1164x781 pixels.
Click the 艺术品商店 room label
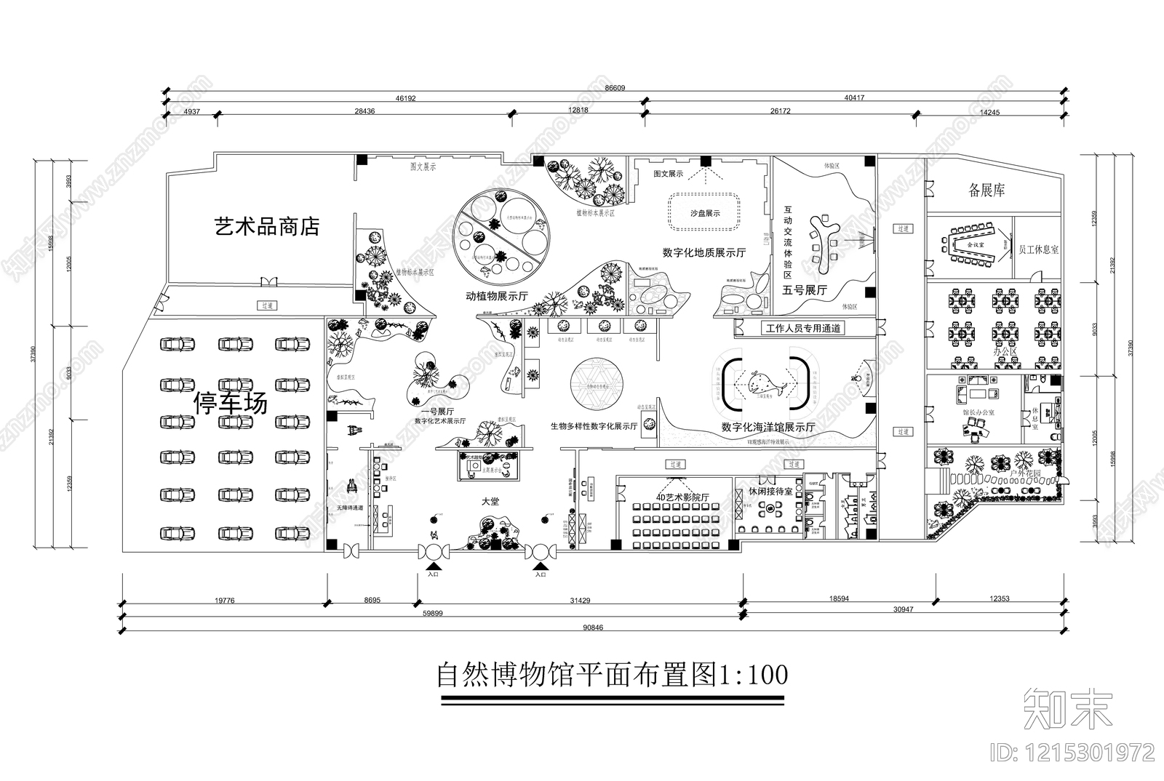(x=267, y=226)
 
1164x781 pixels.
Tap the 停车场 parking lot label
(x=230, y=402)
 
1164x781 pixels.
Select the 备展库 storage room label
(x=986, y=191)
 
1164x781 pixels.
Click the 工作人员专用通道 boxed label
(x=802, y=329)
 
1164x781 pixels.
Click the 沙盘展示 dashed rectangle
(x=704, y=213)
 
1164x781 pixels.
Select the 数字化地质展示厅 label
(x=703, y=253)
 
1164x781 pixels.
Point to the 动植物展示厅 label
(x=497, y=297)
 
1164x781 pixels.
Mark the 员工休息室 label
(x=1038, y=249)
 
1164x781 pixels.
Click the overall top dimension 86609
(x=615, y=88)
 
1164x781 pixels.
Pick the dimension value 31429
(x=580, y=600)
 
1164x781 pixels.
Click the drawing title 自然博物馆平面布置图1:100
(x=612, y=675)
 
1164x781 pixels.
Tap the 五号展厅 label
(x=805, y=290)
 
